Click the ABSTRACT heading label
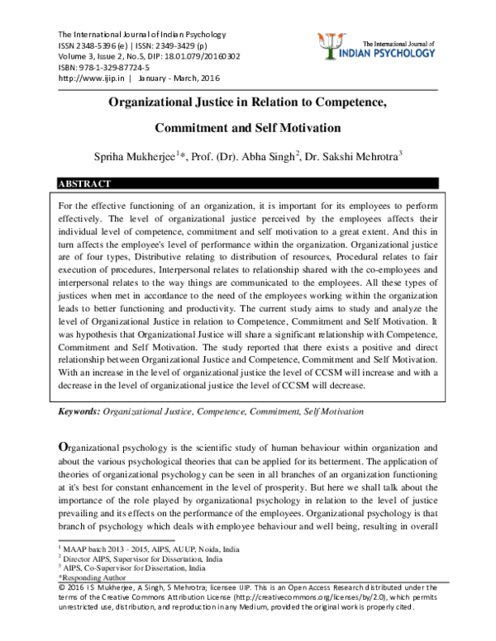click(x=85, y=183)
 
